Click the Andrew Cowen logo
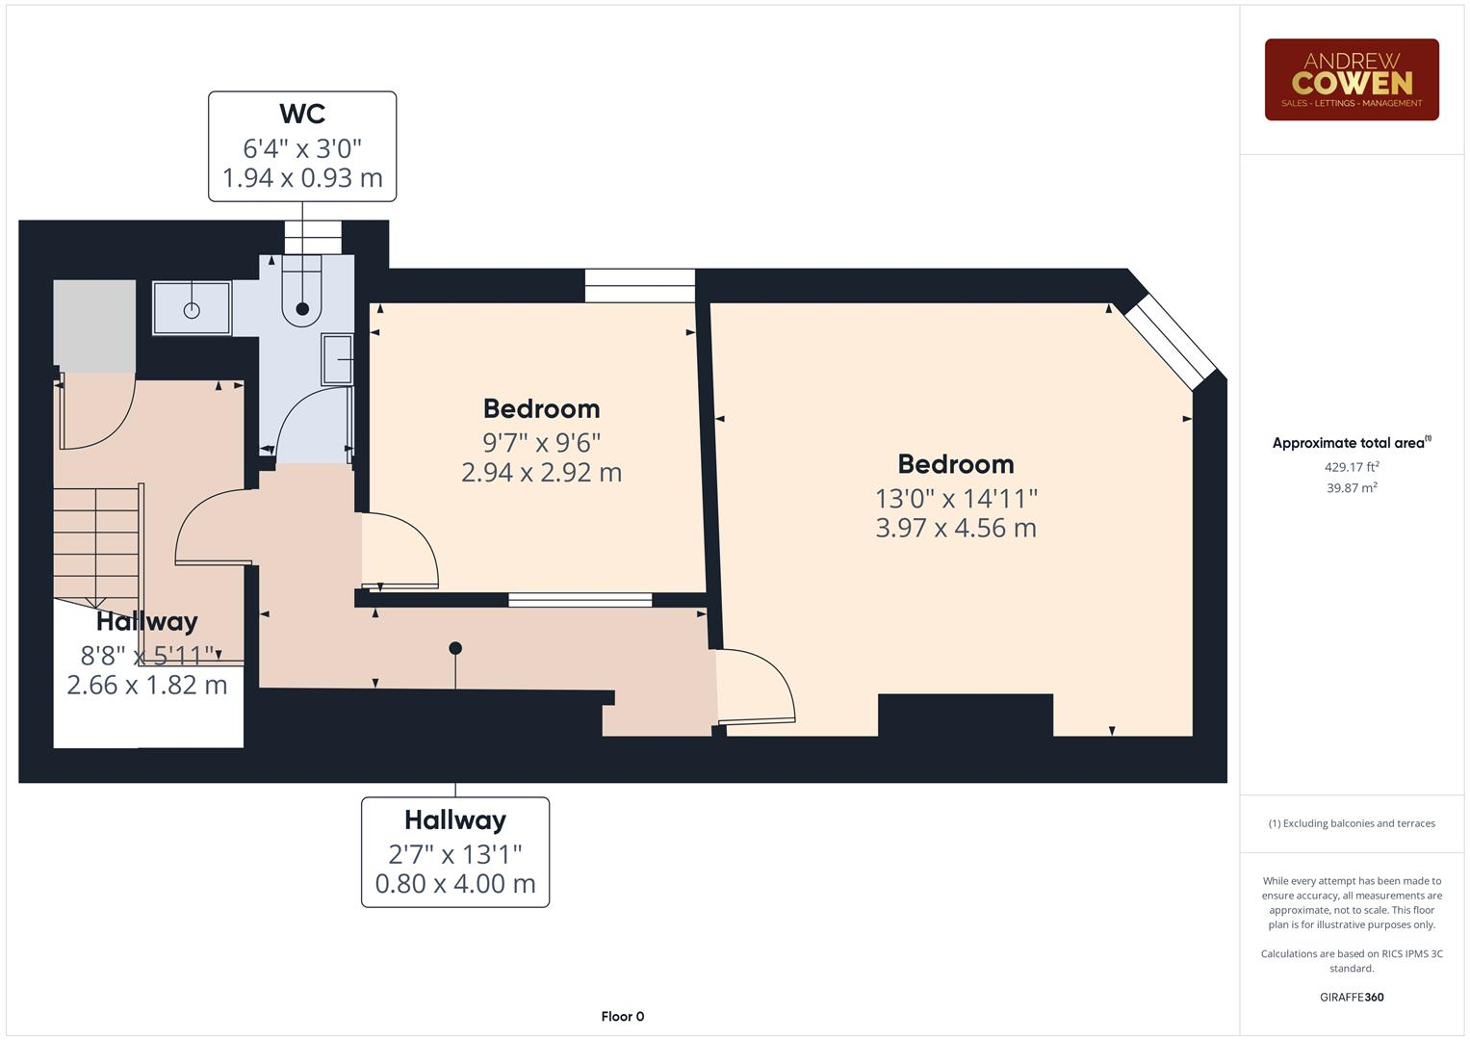(1351, 79)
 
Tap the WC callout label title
(302, 114)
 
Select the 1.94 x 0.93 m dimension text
(302, 178)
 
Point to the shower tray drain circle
(192, 310)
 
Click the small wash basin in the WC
(337, 359)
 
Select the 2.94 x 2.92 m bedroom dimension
(541, 473)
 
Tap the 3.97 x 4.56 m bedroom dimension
(955, 528)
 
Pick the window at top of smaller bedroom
(639, 285)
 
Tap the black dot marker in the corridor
(455, 648)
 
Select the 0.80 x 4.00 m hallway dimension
(455, 884)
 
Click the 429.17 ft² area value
(1351, 467)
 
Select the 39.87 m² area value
(1351, 488)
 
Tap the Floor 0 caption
(622, 1016)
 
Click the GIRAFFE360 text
(1351, 997)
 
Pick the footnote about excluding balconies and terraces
(1351, 823)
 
